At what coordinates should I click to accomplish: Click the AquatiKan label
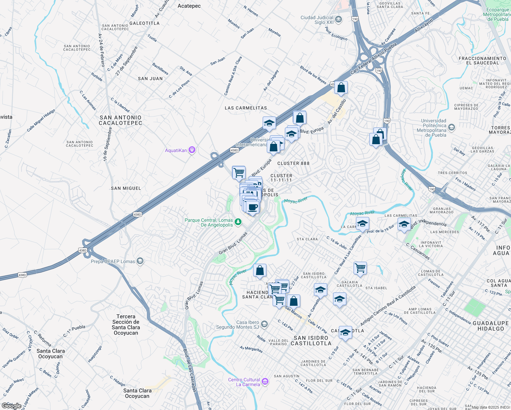(176, 150)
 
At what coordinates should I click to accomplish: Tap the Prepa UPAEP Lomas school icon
(140, 261)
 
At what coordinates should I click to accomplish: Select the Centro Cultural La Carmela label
(244, 382)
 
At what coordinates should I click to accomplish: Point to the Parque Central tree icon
(238, 222)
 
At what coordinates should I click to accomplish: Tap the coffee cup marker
(253, 207)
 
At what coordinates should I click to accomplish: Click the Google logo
(11, 406)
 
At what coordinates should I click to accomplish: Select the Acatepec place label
(189, 6)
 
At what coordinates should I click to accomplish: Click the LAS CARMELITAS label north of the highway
(246, 108)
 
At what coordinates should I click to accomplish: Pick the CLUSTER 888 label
(293, 163)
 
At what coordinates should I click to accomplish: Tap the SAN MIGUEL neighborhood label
(126, 188)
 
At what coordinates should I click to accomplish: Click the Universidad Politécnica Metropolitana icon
(452, 128)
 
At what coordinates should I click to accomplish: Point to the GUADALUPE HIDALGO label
(491, 326)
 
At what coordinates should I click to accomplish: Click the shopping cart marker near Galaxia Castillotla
(360, 268)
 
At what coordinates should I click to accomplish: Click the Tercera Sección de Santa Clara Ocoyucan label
(126, 325)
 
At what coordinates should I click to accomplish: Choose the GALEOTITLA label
(144, 23)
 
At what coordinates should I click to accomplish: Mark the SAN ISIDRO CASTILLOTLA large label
(311, 341)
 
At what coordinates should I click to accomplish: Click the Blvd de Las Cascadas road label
(190, 370)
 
